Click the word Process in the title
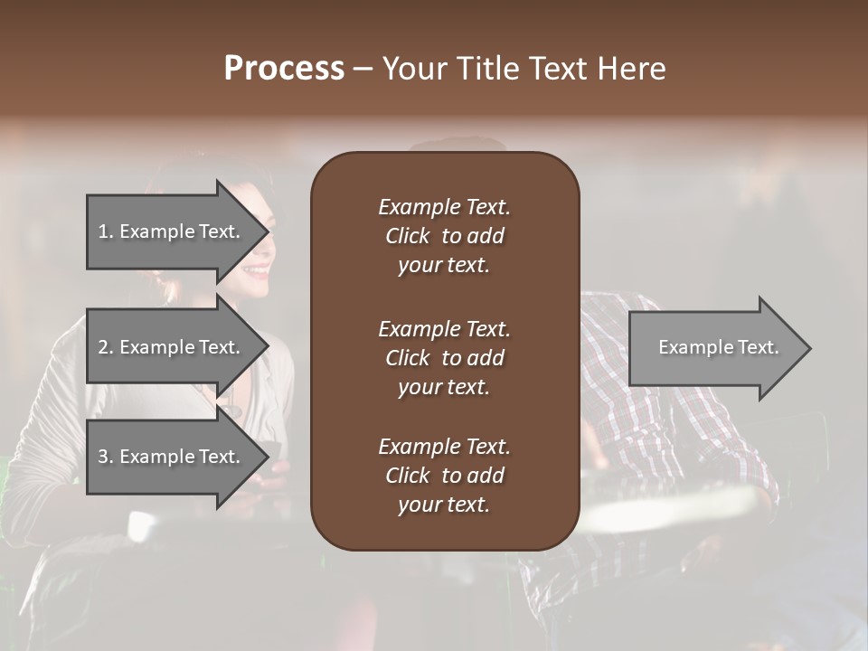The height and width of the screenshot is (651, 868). (x=284, y=69)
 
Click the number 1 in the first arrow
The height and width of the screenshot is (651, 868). (x=103, y=231)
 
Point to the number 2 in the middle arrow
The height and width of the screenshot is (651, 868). (x=103, y=347)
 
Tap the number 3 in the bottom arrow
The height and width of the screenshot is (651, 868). (x=103, y=457)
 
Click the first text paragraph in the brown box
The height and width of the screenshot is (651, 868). (x=444, y=236)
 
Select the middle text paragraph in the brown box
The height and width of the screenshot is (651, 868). (x=444, y=357)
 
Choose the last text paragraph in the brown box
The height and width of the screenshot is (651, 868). (x=444, y=476)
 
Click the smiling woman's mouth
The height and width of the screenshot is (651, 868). (x=258, y=269)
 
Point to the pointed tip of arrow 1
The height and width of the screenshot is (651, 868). (x=268, y=231)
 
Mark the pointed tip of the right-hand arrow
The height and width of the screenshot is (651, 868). (x=810, y=347)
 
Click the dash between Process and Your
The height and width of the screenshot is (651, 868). (x=363, y=69)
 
